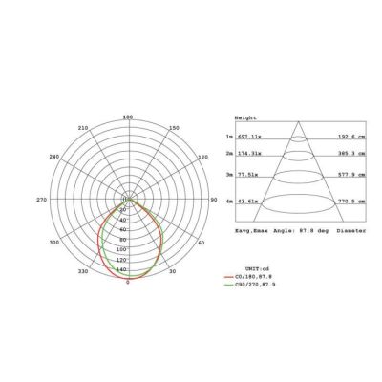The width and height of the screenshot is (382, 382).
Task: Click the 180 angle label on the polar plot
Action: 127,117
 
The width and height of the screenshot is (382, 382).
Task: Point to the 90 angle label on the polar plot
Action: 214,200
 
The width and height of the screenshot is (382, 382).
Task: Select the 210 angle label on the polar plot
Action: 83,128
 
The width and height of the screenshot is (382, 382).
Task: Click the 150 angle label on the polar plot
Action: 172,128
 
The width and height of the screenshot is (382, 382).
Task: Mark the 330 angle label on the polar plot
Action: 83,272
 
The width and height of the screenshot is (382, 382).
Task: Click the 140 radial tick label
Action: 120,269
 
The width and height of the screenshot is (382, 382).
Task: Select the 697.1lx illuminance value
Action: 248,138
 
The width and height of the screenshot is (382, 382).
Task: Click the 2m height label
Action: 229,153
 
